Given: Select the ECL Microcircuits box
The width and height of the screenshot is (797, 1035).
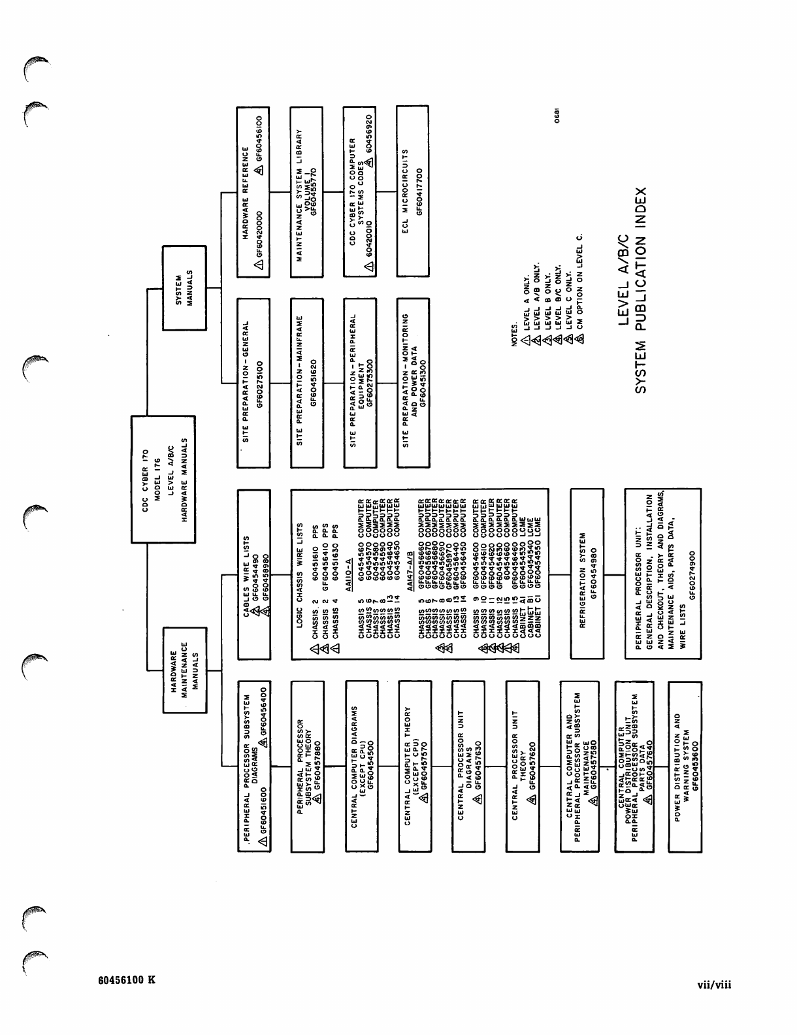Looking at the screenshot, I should (x=413, y=190).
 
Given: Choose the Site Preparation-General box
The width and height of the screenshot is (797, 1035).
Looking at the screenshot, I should (x=253, y=383).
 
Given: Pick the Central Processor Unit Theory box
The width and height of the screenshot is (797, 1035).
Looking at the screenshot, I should (x=522, y=766).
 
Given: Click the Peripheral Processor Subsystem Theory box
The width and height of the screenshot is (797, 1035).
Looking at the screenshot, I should (x=306, y=766).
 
